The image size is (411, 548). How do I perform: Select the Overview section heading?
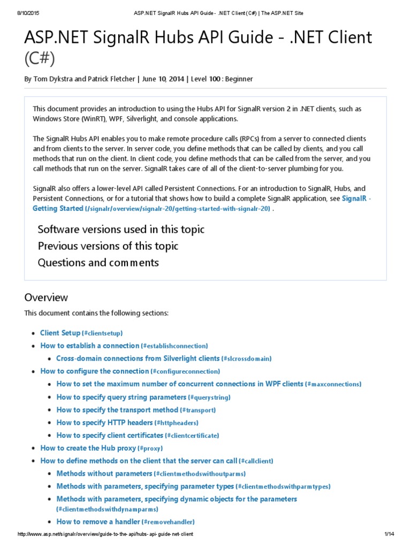click(x=46, y=298)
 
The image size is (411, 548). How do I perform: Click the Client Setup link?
click(x=60, y=333)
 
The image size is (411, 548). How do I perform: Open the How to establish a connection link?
click(x=90, y=346)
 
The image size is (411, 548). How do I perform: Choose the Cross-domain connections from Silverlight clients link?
click(x=138, y=359)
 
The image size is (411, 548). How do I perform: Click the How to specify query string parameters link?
click(x=121, y=397)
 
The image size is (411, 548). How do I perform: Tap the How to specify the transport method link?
click(x=117, y=410)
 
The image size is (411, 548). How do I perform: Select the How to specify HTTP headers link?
click(x=105, y=423)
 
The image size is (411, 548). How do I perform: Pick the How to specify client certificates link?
click(x=110, y=436)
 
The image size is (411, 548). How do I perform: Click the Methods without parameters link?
click(x=104, y=474)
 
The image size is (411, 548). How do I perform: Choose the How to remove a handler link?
click(x=98, y=522)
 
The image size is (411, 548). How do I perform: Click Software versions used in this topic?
click(x=121, y=230)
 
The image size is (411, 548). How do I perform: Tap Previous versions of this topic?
click(x=108, y=246)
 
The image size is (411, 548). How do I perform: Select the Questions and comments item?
click(x=98, y=263)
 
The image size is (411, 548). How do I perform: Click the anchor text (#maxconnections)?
click(x=333, y=384)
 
